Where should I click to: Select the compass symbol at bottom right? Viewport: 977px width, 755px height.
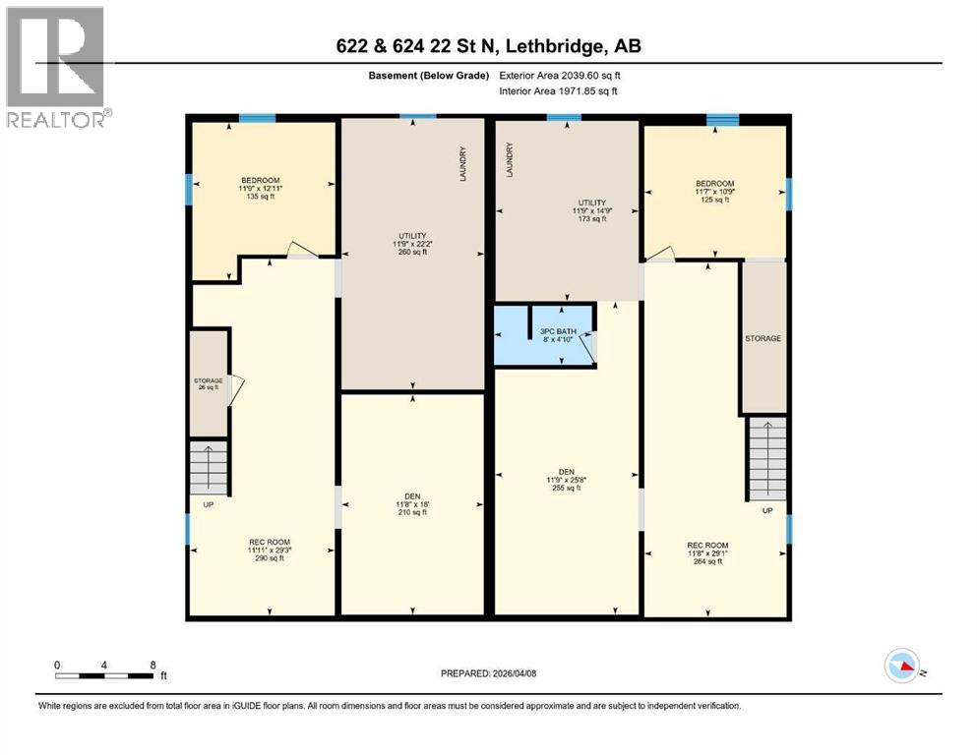tap(902, 667)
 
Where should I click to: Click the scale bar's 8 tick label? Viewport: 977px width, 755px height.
tap(153, 665)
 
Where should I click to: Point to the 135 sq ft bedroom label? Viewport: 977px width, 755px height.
tap(260, 188)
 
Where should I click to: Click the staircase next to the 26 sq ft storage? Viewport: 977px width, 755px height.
tap(209, 468)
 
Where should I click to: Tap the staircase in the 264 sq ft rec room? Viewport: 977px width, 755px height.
tap(766, 459)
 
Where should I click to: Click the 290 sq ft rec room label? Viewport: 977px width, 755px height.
tap(269, 550)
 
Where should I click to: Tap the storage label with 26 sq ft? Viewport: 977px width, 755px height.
tap(208, 383)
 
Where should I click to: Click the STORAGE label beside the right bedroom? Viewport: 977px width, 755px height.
tap(763, 338)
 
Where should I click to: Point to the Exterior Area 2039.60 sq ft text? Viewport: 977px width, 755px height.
tap(560, 75)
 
